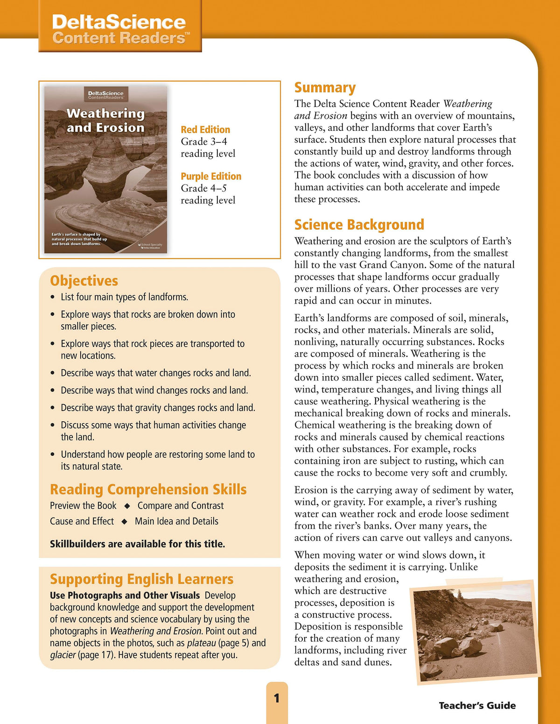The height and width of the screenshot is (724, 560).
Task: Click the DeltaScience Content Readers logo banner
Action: pyautogui.click(x=119, y=29)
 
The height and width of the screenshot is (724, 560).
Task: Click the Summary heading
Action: pyautogui.click(x=325, y=88)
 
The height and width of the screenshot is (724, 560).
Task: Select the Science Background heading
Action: pyautogui.click(x=359, y=225)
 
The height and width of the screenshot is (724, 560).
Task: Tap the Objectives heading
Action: pyautogui.click(x=84, y=281)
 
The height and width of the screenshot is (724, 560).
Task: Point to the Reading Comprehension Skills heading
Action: pyautogui.click(x=148, y=490)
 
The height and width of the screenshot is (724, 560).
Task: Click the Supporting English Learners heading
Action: pyautogui.click(x=141, y=579)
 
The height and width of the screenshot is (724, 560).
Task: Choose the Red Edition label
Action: pyautogui.click(x=205, y=130)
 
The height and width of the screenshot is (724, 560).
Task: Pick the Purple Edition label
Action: pyautogui.click(x=211, y=177)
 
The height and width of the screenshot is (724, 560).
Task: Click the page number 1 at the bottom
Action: pyautogui.click(x=277, y=698)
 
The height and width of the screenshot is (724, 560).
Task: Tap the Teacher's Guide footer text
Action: pyautogui.click(x=477, y=706)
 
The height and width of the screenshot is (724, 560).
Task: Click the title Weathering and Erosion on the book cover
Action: pyautogui.click(x=105, y=121)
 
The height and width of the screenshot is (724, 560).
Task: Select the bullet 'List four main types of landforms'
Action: pyautogui.click(x=124, y=297)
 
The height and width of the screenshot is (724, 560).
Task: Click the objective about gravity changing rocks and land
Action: pyautogui.click(x=158, y=408)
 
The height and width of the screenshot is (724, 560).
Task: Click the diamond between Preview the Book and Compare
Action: pyautogui.click(x=127, y=506)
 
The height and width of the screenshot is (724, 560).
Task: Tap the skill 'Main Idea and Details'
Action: pyautogui.click(x=176, y=521)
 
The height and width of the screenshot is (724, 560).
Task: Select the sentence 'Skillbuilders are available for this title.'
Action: pyautogui.click(x=137, y=544)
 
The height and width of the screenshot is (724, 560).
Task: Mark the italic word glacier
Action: pyautogui.click(x=63, y=655)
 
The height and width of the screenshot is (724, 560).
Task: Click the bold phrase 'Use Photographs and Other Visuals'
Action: pyautogui.click(x=125, y=596)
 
